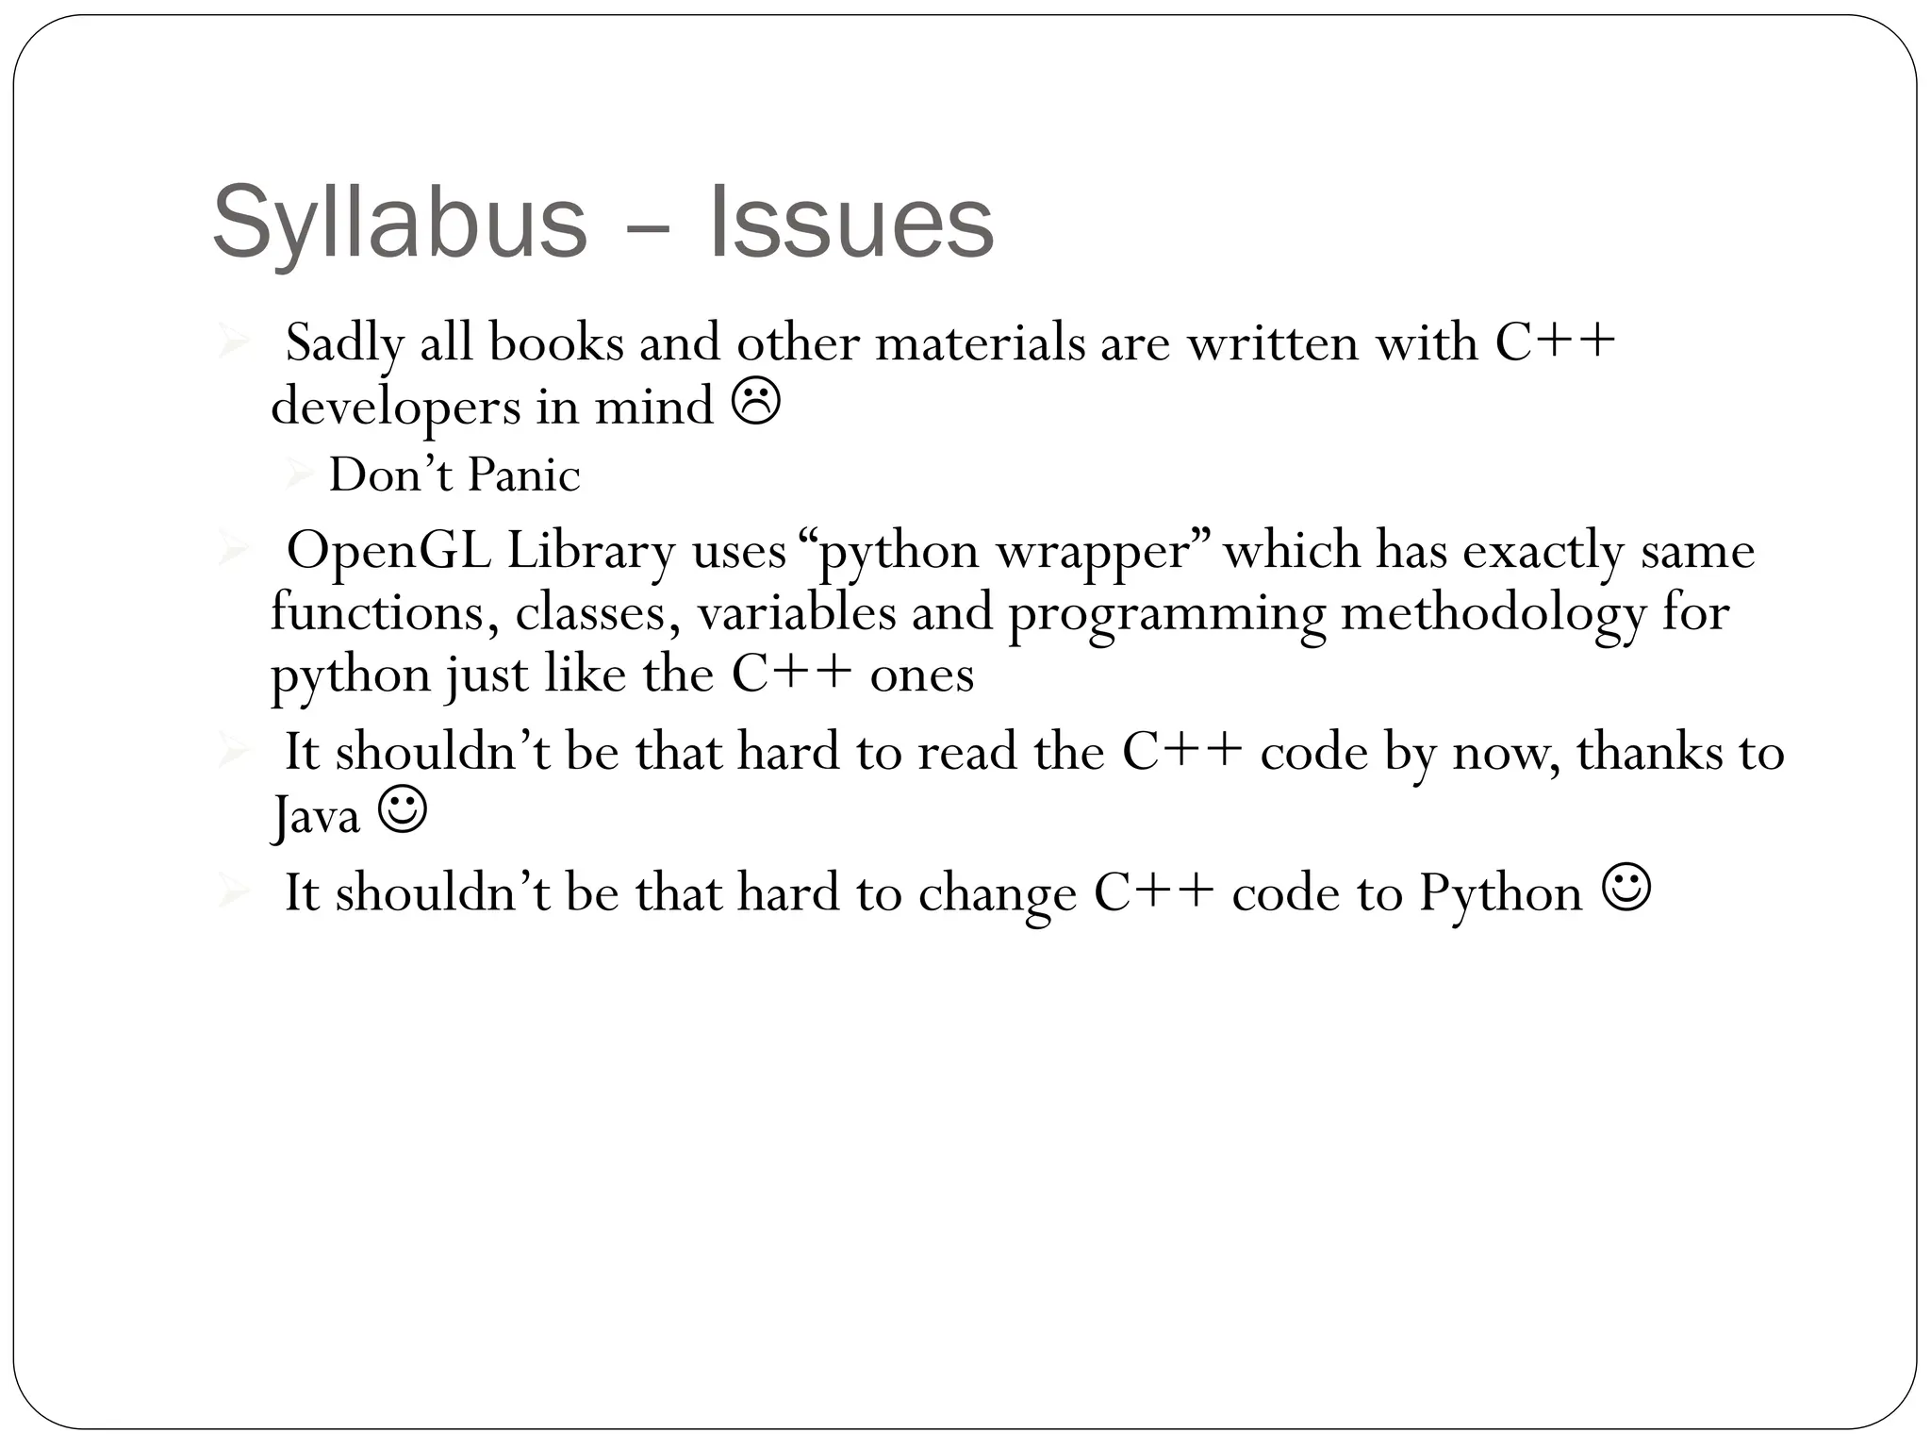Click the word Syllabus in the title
(400, 223)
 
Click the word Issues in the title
(850, 223)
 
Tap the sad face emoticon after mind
(755, 404)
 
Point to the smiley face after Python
(1626, 889)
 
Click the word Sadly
(344, 342)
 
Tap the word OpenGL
(388, 550)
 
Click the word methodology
(1492, 614)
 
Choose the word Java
(316, 814)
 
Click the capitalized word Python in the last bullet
(1499, 893)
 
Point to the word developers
(395, 408)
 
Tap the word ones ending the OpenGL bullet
(921, 675)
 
